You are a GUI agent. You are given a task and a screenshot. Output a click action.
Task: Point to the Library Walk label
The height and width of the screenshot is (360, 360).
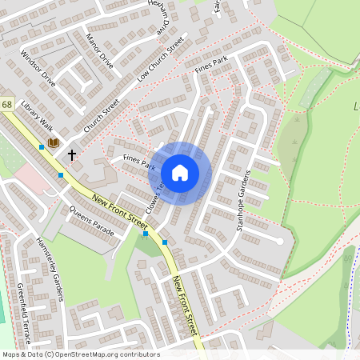point(37,117)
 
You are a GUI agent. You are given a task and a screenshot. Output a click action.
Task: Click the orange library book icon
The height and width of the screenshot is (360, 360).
point(54,142)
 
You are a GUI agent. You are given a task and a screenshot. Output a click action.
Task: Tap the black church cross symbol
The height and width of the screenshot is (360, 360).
point(72,154)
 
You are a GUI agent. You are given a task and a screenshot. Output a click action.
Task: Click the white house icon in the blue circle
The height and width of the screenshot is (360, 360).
point(180,173)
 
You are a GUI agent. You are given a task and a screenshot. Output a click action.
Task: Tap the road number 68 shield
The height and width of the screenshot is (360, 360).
point(6,105)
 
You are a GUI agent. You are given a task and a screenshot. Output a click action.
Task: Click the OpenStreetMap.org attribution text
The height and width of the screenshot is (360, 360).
point(80,354)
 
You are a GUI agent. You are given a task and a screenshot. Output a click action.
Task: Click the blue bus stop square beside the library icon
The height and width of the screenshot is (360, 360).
point(42,147)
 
